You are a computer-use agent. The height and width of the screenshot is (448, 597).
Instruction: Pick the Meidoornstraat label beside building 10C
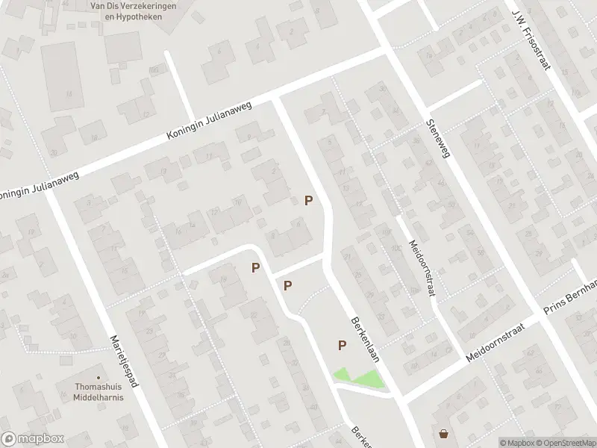pyautogui.click(x=422, y=267)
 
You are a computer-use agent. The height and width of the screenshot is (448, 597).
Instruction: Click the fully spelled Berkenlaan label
pyautogui.click(x=365, y=338)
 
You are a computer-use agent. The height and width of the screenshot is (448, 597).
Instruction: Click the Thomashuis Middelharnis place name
pyautogui.click(x=99, y=391)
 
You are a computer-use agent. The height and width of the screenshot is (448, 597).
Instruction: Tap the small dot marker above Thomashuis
pyautogui.click(x=99, y=376)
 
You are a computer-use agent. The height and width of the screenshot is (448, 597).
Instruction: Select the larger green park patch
pyautogui.click(x=369, y=379)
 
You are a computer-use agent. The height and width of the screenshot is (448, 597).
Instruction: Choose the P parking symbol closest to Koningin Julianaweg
pyautogui.click(x=308, y=200)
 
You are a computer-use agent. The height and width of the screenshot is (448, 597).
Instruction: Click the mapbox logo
pyautogui.click(x=32, y=439)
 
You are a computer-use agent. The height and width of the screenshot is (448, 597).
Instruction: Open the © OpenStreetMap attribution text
pyautogui.click(x=565, y=443)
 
